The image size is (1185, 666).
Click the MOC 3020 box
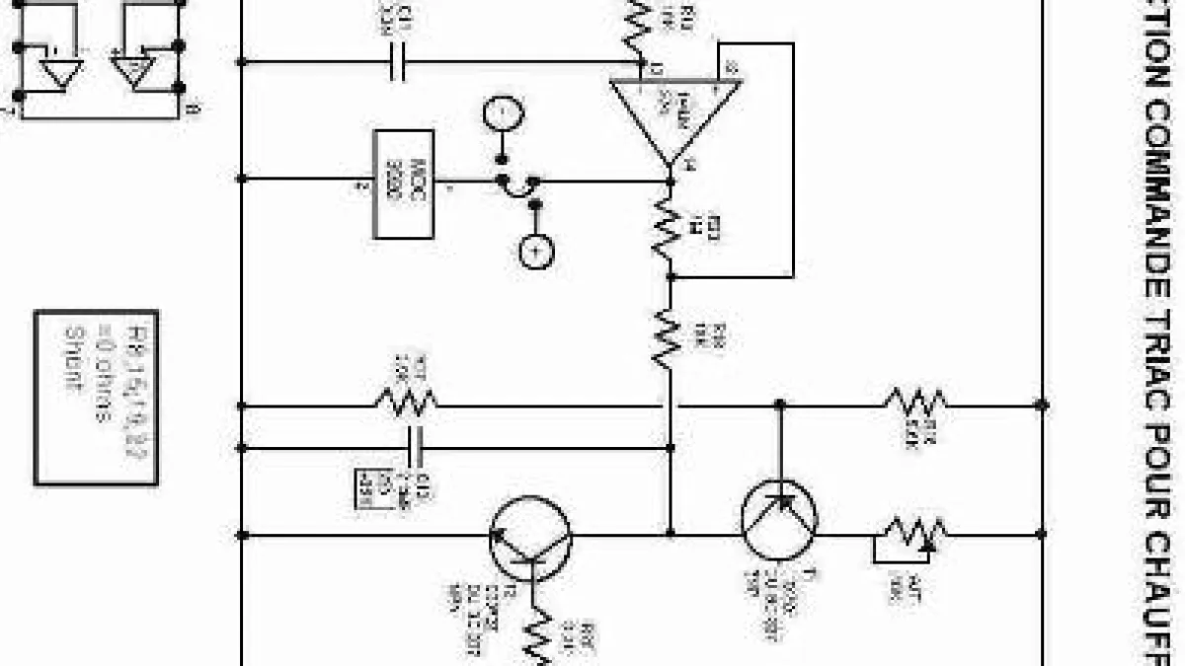pyautogui.click(x=403, y=185)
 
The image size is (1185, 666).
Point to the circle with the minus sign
pyautogui.click(x=501, y=114)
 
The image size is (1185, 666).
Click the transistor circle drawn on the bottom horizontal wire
pyautogui.click(x=531, y=536)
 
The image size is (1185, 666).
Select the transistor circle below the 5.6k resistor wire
pyautogui.click(x=779, y=519)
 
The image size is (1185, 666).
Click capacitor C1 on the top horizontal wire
pyautogui.click(x=397, y=62)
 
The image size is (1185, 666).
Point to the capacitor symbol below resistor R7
pyautogui.click(x=416, y=448)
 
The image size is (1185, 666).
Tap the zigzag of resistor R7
pyautogui.click(x=406, y=401)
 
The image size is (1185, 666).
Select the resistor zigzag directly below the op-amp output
pyautogui.click(x=670, y=228)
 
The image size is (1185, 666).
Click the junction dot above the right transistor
pyautogui.click(x=780, y=405)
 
